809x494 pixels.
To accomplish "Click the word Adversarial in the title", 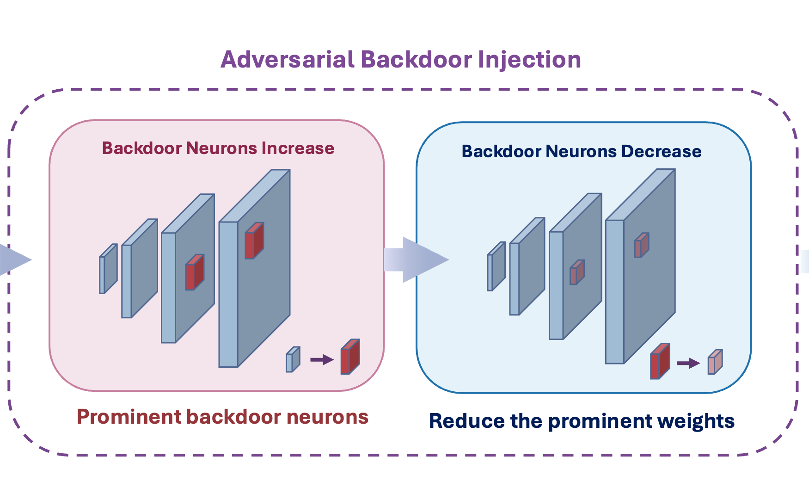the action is point(288,60).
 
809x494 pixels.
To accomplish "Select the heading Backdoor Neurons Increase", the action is point(218,148).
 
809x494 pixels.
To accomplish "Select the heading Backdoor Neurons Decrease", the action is point(582,151).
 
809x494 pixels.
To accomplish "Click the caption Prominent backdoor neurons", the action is point(222,417).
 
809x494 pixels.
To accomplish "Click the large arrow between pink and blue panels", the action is point(416,259).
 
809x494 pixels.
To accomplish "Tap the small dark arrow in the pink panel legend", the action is point(322,359).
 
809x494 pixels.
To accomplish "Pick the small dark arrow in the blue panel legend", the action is point(688,363).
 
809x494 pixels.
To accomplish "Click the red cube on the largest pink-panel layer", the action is point(254,241).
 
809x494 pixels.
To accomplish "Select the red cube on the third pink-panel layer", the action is point(195,272).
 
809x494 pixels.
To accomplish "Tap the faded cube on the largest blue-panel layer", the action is point(642,245).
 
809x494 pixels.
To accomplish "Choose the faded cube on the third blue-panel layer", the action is point(577,272).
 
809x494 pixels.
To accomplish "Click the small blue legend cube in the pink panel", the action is point(293,359).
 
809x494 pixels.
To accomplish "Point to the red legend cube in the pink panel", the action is point(350,357).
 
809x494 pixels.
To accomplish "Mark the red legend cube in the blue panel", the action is point(660,361).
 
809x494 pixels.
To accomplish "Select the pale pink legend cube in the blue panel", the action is point(715,362).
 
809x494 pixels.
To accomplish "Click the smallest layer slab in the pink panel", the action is point(108,269).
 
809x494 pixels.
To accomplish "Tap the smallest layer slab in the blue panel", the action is point(496,266).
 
